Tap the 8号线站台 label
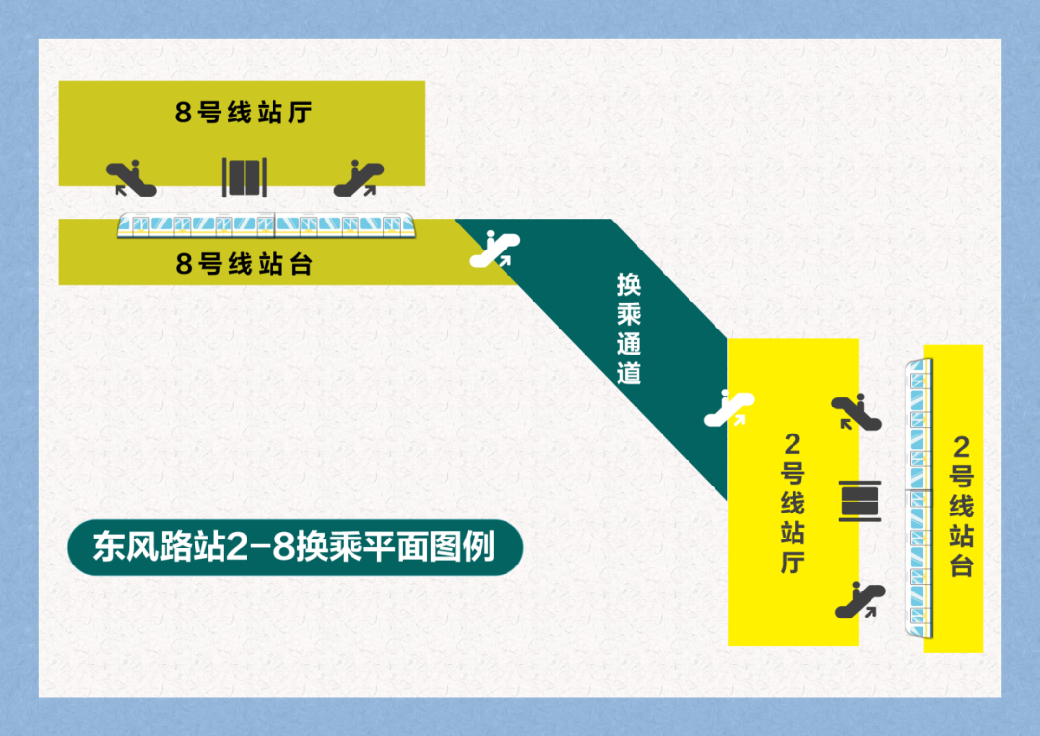click(x=244, y=264)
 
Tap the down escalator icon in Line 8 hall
click(x=131, y=177)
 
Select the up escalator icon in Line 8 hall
click(x=358, y=177)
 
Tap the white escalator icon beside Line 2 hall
click(x=729, y=408)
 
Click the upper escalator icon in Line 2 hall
click(x=856, y=411)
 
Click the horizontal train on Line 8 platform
click(x=266, y=225)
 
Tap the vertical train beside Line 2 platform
click(x=921, y=497)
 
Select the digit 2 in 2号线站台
click(x=961, y=447)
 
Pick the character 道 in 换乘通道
click(x=629, y=373)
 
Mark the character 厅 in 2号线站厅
click(x=793, y=562)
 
